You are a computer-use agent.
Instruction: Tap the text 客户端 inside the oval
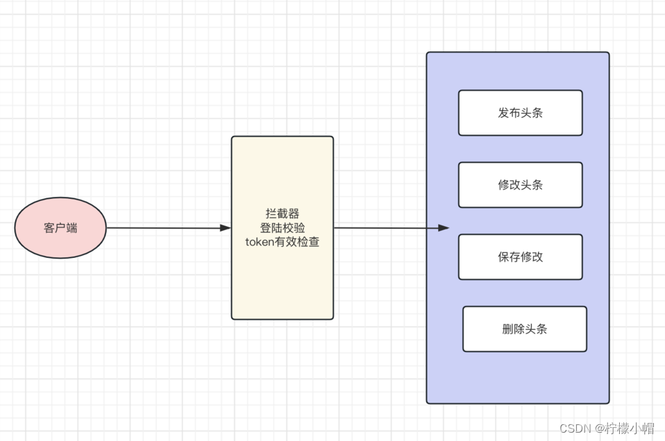coord(60,228)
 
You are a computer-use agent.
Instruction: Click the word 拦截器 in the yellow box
coord(283,213)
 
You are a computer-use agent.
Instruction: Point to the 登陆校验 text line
coord(283,228)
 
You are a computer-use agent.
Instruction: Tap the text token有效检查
coord(283,243)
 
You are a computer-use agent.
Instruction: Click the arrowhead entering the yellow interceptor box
coord(225,228)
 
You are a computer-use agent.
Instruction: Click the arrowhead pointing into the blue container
coord(444,228)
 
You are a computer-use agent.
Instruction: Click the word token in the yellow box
coord(260,243)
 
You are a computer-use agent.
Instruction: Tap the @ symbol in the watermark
coord(598,428)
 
